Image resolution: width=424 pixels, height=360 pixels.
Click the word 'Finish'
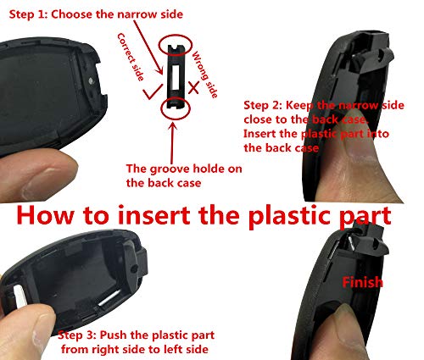tap(363, 282)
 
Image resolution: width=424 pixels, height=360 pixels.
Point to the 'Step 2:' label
tap(265, 105)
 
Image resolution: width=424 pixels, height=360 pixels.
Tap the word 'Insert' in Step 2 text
tap(261, 134)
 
